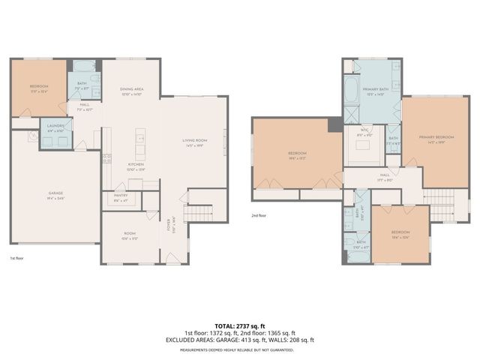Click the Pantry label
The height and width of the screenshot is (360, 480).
tap(121, 197)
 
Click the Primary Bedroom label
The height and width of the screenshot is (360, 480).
tap(436, 139)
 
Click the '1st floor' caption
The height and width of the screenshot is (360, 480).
tap(17, 258)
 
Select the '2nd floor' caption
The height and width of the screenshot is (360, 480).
tap(259, 215)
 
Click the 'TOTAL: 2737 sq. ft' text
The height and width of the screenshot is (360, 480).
tap(239, 325)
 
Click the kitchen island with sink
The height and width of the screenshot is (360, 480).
tap(139, 139)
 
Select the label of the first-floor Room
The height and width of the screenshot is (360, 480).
tap(129, 235)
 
